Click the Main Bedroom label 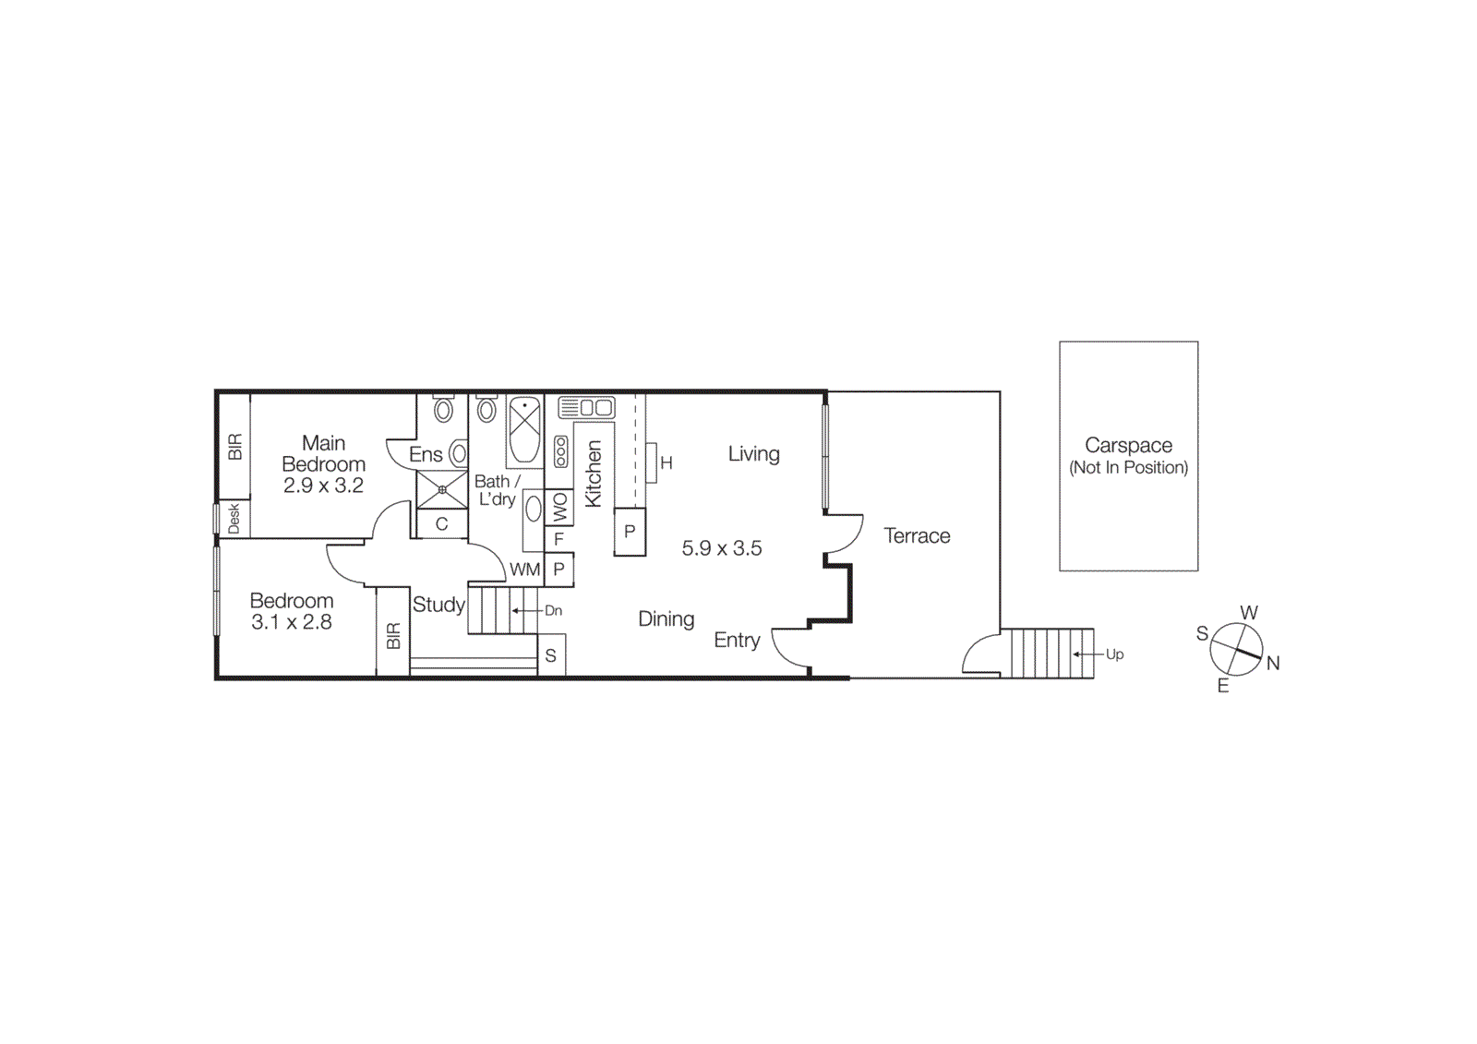point(323,453)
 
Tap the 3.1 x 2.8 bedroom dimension point(292,622)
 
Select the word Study point(438,605)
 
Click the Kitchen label point(594,474)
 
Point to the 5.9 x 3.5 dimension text point(722,548)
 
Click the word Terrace point(917,536)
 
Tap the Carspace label point(1128,446)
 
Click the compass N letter point(1273,663)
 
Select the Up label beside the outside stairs point(1114,654)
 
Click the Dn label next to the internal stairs point(553,610)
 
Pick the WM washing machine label point(524,570)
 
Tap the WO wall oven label point(559,507)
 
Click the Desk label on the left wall point(234,518)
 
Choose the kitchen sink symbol point(586,407)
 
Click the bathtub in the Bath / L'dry point(524,430)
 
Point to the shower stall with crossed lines point(442,489)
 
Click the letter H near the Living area point(666,463)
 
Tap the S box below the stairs point(551,656)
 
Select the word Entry point(737,641)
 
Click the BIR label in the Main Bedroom point(234,447)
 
